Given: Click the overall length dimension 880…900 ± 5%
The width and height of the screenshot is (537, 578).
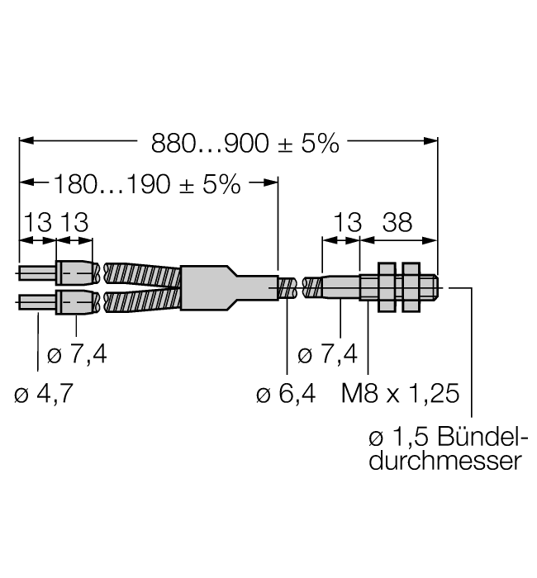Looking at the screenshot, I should click(245, 144).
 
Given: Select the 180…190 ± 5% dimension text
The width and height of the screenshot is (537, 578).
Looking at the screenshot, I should click(147, 184).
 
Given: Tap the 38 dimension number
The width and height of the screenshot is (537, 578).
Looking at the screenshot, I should click(398, 223).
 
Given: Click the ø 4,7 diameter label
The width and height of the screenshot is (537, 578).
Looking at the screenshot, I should click(44, 393).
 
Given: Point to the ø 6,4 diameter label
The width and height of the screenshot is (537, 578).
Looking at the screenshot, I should click(286, 393).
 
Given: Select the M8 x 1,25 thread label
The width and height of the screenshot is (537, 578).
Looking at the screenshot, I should click(401, 393).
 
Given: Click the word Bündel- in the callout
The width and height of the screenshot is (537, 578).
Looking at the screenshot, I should click(484, 435).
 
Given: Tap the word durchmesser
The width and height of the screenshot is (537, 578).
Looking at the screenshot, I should click(445, 460).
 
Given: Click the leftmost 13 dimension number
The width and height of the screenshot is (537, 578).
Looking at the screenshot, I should click(37, 223).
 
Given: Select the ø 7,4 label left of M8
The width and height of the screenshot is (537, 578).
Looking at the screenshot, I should click(327, 355).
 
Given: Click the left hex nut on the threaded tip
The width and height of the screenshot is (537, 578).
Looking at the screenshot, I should click(386, 287).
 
